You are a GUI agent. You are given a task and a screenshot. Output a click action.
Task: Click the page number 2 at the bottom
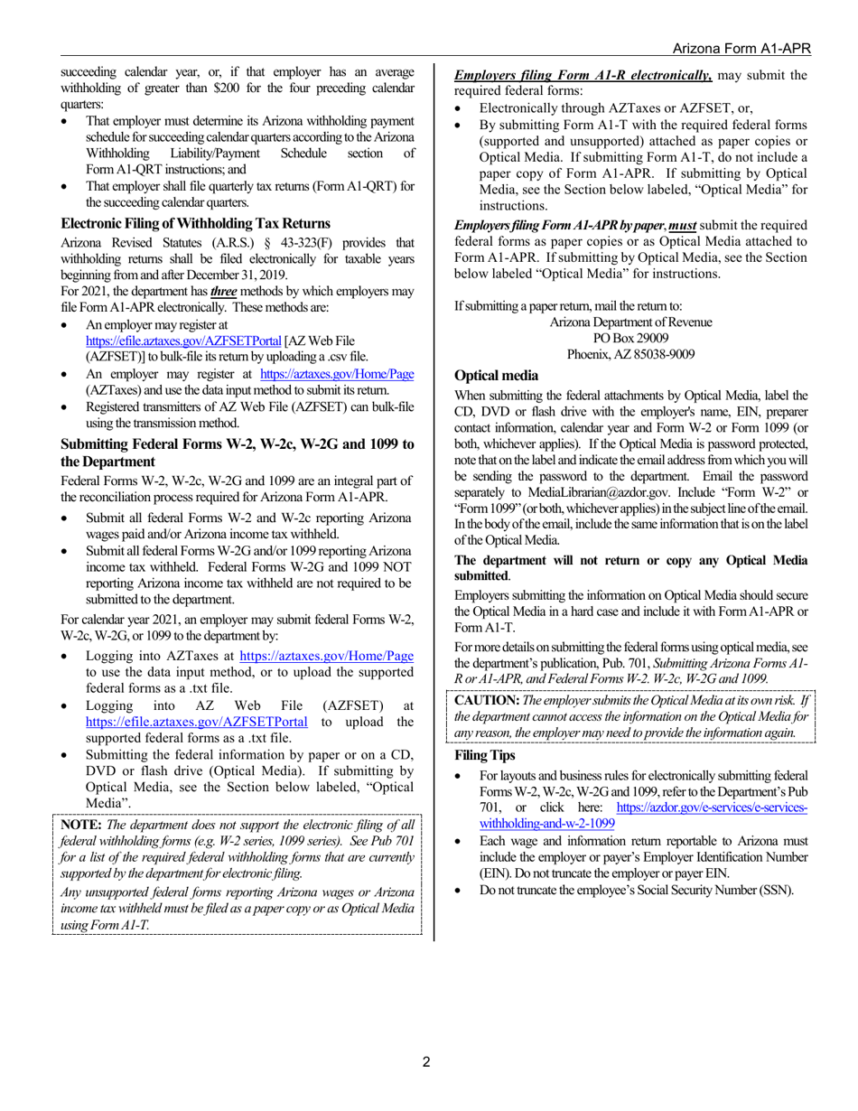(426, 1062)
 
